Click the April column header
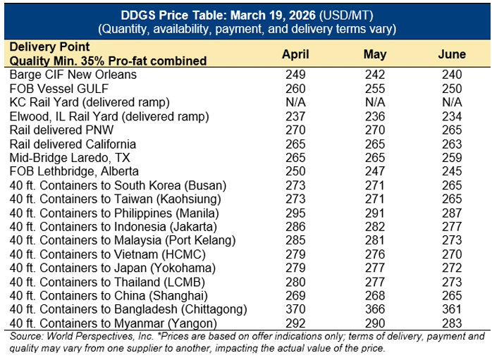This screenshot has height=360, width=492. (296, 54)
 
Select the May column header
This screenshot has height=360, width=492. (375, 54)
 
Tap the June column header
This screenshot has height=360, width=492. (451, 54)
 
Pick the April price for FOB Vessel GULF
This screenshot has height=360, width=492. (296, 89)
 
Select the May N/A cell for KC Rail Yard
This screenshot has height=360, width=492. (375, 102)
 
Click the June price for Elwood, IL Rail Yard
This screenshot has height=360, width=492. (451, 116)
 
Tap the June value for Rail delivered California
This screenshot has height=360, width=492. (451, 144)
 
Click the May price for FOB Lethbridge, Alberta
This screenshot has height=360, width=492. (375, 171)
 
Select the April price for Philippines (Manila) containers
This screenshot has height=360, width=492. (296, 213)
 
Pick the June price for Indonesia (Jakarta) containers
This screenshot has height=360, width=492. (451, 226)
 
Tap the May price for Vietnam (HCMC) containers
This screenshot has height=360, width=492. (375, 254)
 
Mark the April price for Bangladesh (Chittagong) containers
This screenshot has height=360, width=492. (296, 309)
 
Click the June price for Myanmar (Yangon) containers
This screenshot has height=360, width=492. (451, 323)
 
